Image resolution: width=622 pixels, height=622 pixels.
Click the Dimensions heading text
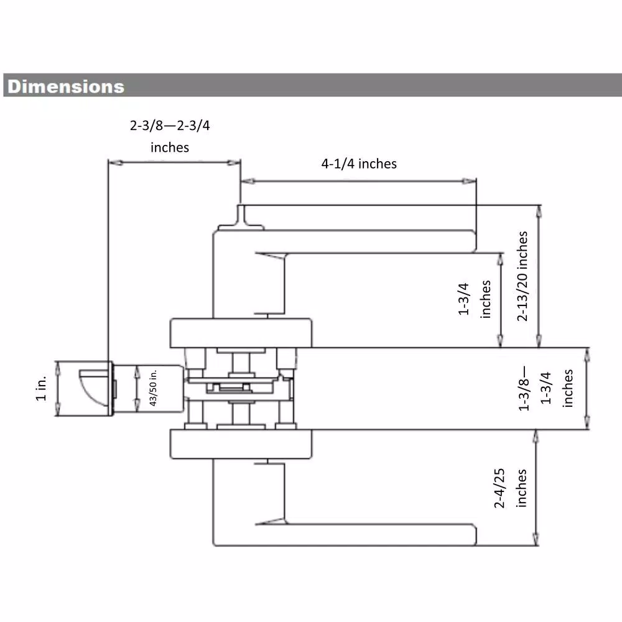point(66,86)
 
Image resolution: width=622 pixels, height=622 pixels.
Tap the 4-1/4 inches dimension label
point(359,164)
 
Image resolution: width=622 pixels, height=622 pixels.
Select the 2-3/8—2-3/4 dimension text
point(170,126)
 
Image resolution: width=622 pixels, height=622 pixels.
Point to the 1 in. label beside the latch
point(41,388)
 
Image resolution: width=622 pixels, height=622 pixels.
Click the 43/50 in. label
point(153,388)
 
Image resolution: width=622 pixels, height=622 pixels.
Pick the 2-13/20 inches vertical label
point(522,276)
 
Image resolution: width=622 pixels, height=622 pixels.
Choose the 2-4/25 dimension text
point(499,488)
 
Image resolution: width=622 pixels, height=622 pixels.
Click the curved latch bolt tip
point(94,388)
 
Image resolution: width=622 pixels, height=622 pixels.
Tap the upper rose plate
point(241,332)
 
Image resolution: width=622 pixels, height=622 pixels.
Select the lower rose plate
point(241,444)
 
